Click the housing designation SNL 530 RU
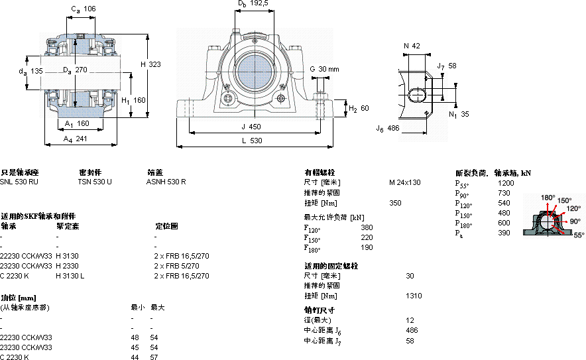point(19,182)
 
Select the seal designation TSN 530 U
point(95,182)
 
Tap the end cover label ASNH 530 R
point(166,182)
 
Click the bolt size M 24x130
point(404,182)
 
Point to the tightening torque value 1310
point(414,296)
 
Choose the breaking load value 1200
point(506,182)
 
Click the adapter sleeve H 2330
point(67,265)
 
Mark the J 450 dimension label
point(250,126)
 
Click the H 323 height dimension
point(150,64)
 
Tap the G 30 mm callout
point(324,69)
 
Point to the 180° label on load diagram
point(547,198)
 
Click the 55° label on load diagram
point(579,235)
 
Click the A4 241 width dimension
point(75,139)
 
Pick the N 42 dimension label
point(412,46)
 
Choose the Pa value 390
point(504,233)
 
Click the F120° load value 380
point(367,227)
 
